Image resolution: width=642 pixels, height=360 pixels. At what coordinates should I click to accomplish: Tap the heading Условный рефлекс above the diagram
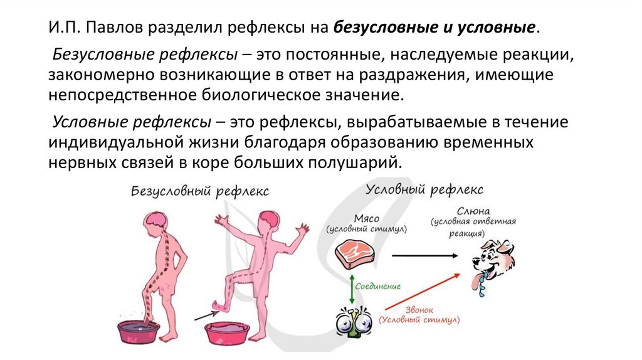click(x=424, y=189)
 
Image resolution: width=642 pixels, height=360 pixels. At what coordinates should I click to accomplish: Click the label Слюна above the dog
click(x=473, y=211)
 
